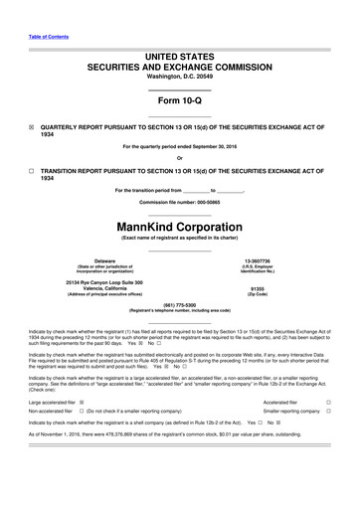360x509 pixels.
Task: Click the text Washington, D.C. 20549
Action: [x=179, y=48]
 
